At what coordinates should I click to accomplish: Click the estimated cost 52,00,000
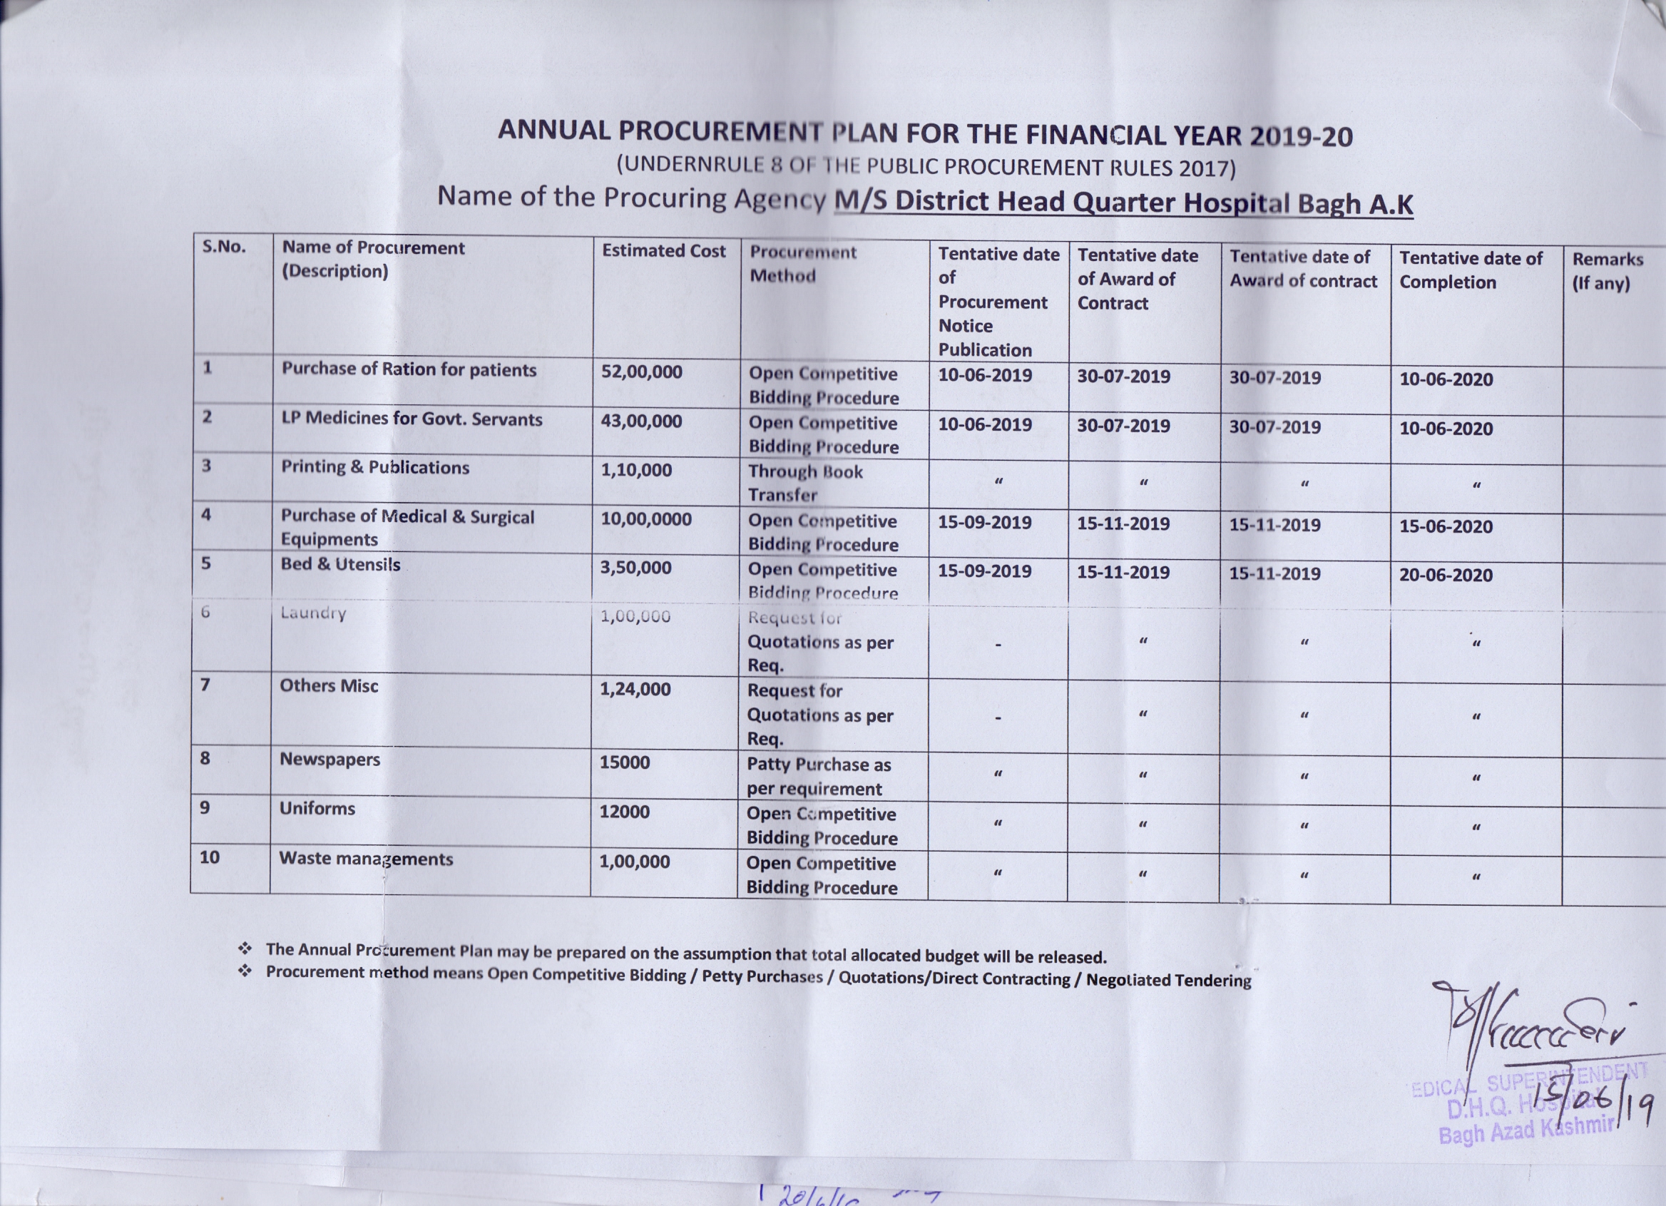641,372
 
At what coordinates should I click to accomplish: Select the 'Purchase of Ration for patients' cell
409,369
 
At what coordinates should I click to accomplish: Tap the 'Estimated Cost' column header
663,251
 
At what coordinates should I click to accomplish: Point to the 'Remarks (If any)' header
1608,271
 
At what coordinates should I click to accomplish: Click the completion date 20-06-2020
1445,574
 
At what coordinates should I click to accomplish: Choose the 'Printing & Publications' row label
374,467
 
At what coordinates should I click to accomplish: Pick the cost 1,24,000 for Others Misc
635,689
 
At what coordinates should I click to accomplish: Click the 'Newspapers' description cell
329,760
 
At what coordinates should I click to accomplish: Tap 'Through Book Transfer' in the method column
804,483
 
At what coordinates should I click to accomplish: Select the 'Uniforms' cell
317,809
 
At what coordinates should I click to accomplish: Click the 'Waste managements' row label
366,859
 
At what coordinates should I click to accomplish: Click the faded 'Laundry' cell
313,613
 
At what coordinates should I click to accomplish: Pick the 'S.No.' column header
224,246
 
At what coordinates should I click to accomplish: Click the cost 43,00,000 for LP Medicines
640,421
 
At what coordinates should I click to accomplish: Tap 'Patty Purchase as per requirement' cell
818,777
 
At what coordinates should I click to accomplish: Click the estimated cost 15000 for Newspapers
624,762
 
